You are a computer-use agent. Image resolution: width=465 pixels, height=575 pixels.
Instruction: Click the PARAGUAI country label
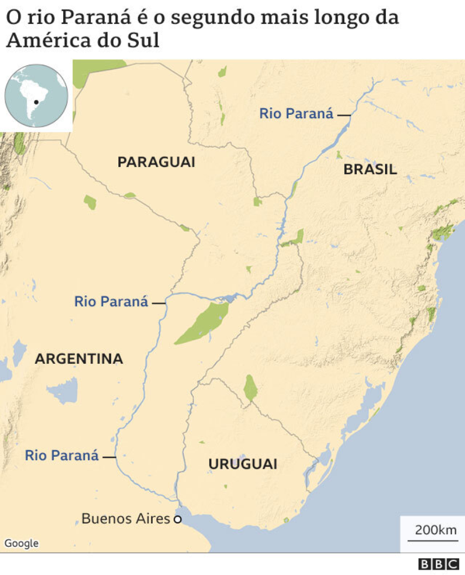click(156, 162)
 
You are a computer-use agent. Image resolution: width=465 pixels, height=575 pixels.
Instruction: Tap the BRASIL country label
click(370, 169)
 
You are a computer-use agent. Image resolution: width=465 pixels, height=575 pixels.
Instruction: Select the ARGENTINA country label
click(79, 359)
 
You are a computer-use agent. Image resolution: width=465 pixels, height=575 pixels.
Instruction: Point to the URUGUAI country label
click(243, 464)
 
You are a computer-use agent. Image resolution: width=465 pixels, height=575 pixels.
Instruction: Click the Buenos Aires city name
click(126, 518)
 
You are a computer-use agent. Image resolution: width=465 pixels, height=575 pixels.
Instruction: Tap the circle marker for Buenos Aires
click(177, 519)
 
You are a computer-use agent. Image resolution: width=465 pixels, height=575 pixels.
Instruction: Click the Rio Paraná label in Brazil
click(296, 113)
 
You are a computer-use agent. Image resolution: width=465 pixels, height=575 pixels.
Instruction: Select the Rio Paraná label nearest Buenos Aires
click(61, 456)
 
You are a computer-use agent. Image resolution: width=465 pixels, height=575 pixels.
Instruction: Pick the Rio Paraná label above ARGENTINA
click(111, 301)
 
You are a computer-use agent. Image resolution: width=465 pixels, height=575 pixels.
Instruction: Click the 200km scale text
click(436, 530)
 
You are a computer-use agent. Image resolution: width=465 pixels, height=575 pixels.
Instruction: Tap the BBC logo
click(439, 564)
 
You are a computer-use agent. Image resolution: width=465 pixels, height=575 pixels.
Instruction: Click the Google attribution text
click(22, 543)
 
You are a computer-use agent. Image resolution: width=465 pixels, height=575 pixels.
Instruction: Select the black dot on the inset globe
click(37, 102)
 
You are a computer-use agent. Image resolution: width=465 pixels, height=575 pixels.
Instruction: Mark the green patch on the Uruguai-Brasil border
click(251, 388)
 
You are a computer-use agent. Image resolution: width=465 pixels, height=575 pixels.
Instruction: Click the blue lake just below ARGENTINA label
click(62, 391)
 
